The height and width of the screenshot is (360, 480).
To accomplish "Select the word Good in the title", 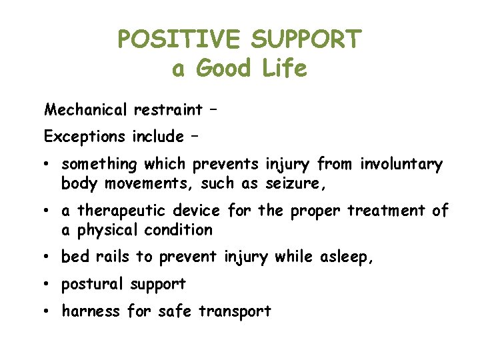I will coord(224,69).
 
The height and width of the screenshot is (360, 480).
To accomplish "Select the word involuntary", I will coord(401,164).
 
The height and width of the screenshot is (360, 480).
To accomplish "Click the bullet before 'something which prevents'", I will coord(50,165).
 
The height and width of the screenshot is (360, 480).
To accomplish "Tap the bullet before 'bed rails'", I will coord(50,257).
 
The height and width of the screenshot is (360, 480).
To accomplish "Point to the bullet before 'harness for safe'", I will coord(50,311).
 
